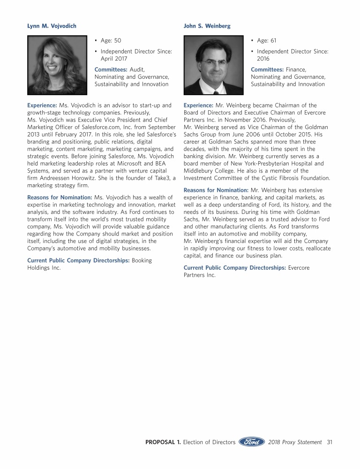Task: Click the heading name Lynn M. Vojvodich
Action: coord(52,26)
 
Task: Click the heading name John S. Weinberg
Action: coord(207,26)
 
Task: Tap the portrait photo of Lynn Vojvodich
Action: coord(57,65)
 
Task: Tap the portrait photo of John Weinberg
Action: coord(213,65)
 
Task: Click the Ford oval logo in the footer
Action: coord(252,442)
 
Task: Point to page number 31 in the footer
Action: coord(330,442)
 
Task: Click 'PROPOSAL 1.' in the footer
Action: coord(163,442)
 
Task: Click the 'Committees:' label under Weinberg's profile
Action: coord(267,69)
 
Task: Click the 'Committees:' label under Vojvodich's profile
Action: coord(111,69)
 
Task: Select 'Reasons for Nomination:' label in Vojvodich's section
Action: coord(60,197)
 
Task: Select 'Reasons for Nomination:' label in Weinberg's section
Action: coord(216,190)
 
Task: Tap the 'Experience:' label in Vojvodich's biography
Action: coord(42,105)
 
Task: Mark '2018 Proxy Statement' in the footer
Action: coord(295,442)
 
